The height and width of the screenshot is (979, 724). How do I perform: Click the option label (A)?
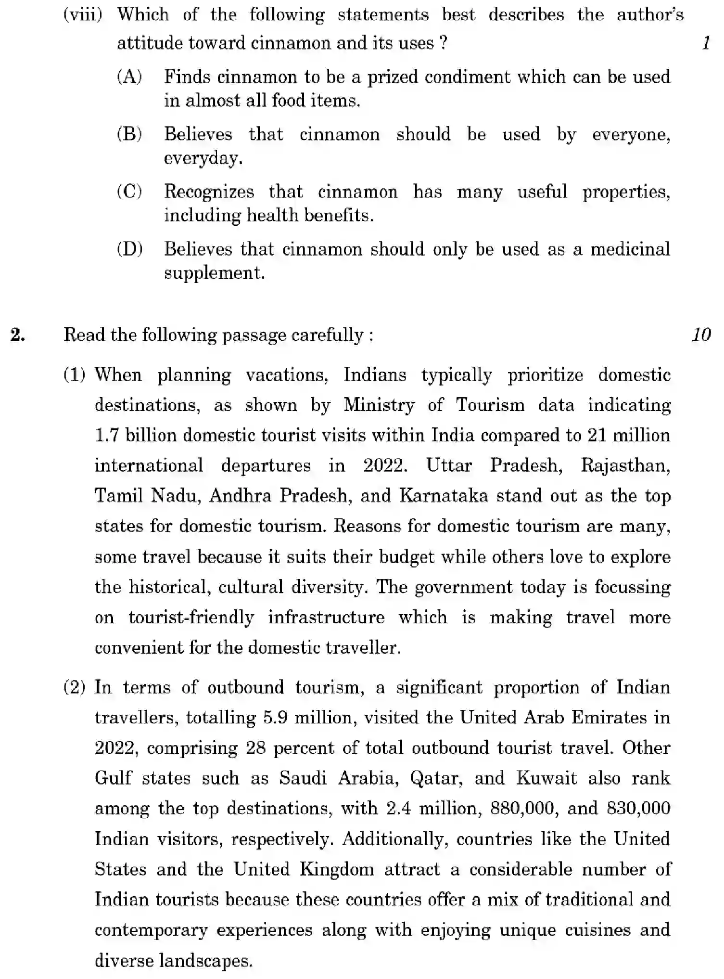[129, 77]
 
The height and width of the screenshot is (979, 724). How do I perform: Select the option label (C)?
[129, 192]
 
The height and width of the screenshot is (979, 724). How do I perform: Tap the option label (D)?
[129, 249]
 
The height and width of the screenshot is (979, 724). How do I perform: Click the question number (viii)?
[83, 14]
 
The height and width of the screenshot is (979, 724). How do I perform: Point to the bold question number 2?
[18, 335]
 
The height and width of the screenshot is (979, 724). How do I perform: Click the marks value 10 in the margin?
[701, 335]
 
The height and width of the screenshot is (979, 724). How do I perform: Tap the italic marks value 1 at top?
[706, 43]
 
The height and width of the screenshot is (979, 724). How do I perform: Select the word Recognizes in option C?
[209, 192]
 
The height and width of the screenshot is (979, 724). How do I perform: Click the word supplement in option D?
[214, 273]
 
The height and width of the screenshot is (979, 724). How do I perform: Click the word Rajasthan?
[625, 466]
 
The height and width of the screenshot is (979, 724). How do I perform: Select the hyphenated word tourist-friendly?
[191, 618]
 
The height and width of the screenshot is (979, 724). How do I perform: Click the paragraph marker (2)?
[75, 687]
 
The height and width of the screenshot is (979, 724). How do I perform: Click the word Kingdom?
[337, 869]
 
